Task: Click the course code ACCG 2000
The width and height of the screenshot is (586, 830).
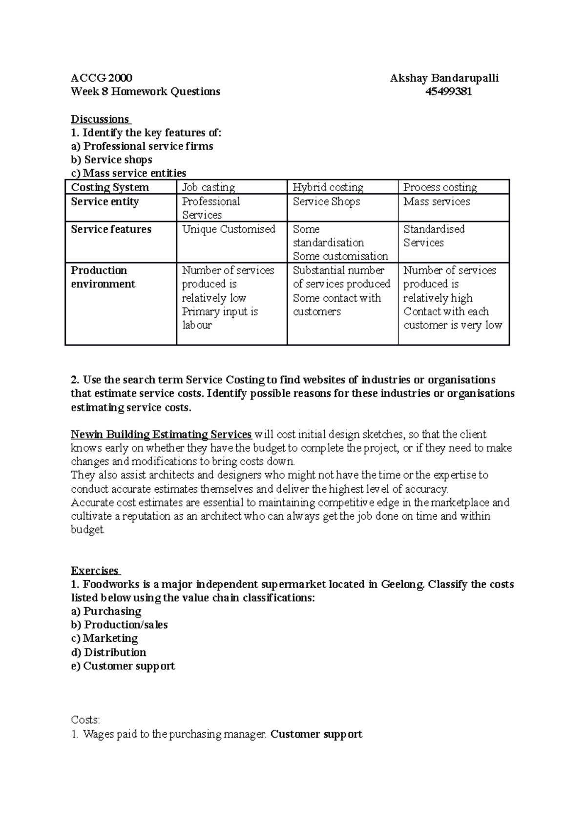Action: pyautogui.click(x=102, y=78)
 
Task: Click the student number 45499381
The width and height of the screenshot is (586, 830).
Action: pyautogui.click(x=449, y=92)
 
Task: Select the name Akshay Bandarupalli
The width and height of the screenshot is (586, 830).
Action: pyautogui.click(x=444, y=78)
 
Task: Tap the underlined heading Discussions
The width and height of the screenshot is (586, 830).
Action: pyautogui.click(x=100, y=119)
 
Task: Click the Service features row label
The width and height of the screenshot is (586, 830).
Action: pyautogui.click(x=111, y=229)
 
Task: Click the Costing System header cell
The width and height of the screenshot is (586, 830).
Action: pyautogui.click(x=110, y=187)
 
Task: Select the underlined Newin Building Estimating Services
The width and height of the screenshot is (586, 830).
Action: pyautogui.click(x=161, y=435)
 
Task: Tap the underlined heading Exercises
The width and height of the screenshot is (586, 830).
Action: pyautogui.click(x=95, y=571)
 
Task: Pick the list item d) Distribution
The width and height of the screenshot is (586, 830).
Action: pyautogui.click(x=108, y=653)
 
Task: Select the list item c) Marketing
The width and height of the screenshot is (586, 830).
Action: pyautogui.click(x=105, y=638)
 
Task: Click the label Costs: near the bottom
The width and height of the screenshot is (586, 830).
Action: pyautogui.click(x=85, y=720)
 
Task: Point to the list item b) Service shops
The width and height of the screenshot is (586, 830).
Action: pyautogui.click(x=111, y=160)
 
